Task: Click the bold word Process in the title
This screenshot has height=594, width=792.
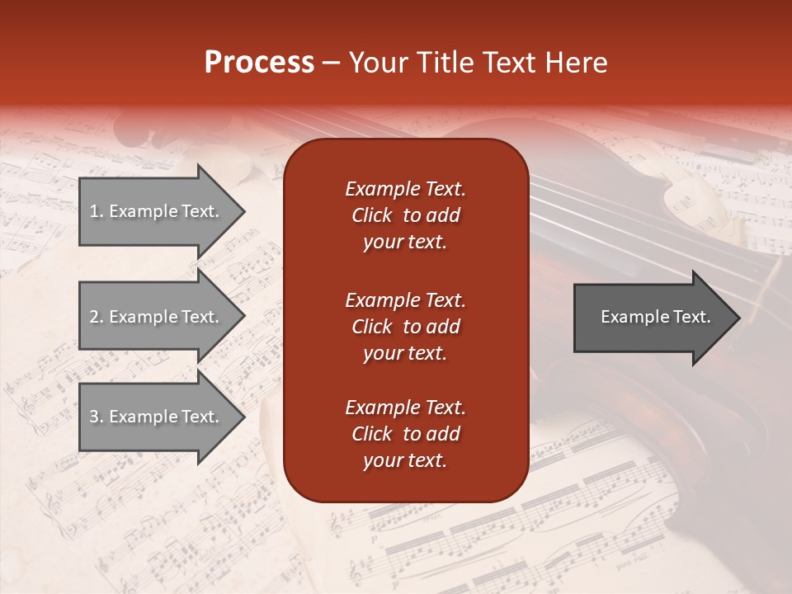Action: (259, 63)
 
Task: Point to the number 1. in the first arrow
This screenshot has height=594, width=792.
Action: (97, 211)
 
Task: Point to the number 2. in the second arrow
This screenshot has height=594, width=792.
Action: (97, 317)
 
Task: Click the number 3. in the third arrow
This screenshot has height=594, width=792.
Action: (97, 417)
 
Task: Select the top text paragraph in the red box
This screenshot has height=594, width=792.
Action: (405, 215)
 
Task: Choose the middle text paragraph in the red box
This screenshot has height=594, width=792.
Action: (405, 326)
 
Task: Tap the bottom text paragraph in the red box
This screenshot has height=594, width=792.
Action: (405, 434)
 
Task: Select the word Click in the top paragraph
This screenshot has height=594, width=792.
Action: (372, 215)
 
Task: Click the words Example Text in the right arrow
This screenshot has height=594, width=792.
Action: (655, 317)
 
